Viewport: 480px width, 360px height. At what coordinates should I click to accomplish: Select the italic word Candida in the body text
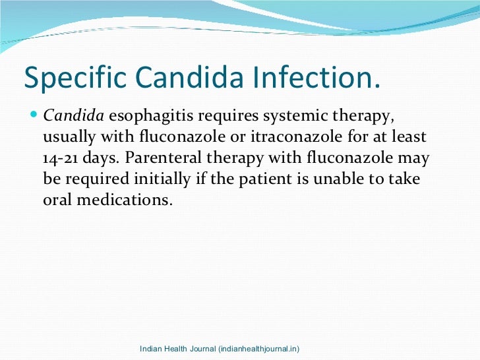click(73, 117)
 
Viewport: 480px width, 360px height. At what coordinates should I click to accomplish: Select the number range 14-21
click(63, 159)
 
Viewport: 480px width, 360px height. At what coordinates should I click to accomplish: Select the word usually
click(67, 138)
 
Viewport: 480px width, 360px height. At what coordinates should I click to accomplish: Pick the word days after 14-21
click(102, 159)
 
